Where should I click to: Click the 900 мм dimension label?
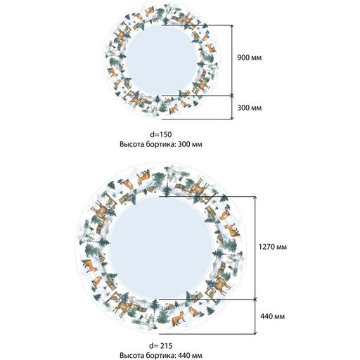pos(249,58)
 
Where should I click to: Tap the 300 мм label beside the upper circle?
pos(249,108)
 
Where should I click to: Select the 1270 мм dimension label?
pos(273,247)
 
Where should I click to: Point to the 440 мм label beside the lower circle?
pos(273,316)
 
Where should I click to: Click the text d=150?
pos(161,134)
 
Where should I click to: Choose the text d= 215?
pos(161,345)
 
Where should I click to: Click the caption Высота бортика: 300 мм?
pos(161,144)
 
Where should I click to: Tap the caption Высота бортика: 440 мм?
pos(161,355)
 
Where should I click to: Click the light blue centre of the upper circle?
pos(162,60)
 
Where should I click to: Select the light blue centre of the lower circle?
pos(161,248)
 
